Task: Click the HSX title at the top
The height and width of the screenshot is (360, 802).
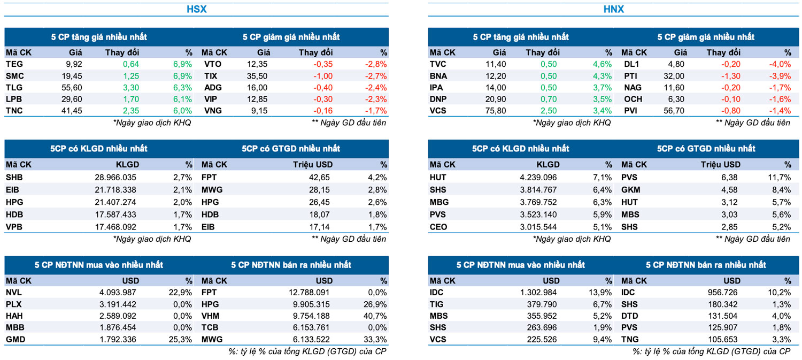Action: coord(196,9)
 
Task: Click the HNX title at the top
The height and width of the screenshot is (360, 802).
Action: coord(613,9)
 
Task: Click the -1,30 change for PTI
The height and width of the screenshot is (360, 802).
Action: coord(730,76)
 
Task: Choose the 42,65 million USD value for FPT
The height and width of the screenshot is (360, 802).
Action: coord(319,178)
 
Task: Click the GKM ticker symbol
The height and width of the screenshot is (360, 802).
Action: coord(630,189)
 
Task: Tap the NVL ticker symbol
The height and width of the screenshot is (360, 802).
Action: coord(14,293)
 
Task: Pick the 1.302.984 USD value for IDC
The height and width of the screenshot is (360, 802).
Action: coord(535,293)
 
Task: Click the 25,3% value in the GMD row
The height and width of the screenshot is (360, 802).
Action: coord(181,340)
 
